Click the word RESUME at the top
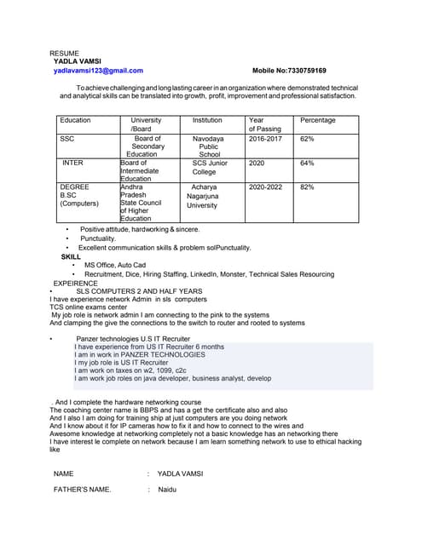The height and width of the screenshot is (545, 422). click(x=64, y=53)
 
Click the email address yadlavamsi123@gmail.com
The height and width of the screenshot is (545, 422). click(x=98, y=71)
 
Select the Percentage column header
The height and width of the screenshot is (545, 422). click(x=317, y=120)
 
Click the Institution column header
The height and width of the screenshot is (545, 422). click(x=207, y=120)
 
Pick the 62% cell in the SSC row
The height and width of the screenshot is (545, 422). click(x=307, y=138)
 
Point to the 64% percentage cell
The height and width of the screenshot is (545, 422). click(x=307, y=163)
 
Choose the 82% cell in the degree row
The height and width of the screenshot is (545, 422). click(x=307, y=186)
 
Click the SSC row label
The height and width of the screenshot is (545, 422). click(x=67, y=138)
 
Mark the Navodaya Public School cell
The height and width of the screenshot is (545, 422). click(x=208, y=146)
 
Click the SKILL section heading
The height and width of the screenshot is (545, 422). click(x=71, y=256)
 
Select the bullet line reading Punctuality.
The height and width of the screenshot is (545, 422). click(x=98, y=238)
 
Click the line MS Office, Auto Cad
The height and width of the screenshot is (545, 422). click(x=115, y=265)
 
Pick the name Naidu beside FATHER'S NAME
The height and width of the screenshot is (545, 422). click(x=166, y=490)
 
